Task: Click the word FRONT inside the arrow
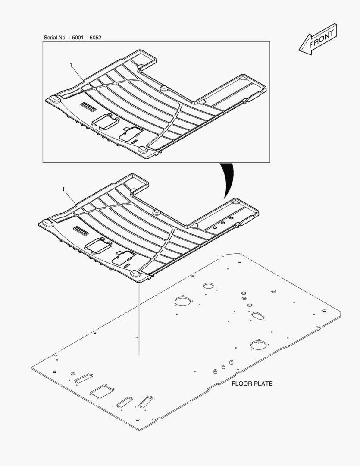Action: tap(321, 39)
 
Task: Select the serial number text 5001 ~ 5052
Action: tap(86, 38)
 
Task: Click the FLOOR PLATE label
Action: tap(252, 384)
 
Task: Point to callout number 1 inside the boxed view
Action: tap(71, 65)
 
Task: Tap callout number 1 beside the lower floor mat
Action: tap(64, 189)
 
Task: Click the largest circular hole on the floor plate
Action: tap(182, 301)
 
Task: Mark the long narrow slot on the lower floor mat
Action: tap(81, 231)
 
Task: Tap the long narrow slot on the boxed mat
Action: tap(89, 107)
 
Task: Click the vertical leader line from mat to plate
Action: tap(139, 319)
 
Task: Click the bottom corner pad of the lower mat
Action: tap(135, 274)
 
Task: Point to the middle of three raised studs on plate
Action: tap(223, 367)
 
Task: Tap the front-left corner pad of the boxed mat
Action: tap(54, 99)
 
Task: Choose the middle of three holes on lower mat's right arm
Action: tap(224, 222)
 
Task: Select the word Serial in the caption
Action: tap(51, 38)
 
